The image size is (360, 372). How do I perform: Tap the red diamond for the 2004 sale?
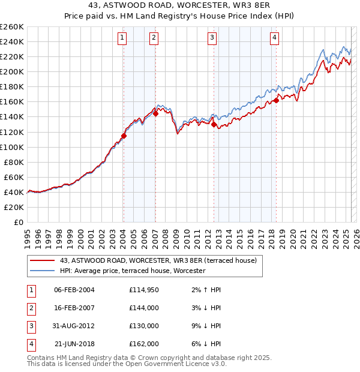tap(124, 136)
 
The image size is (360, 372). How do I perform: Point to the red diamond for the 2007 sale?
tap(155, 113)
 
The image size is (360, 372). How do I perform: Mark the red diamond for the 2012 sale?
tap(214, 124)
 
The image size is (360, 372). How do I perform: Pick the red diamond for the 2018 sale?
tap(276, 100)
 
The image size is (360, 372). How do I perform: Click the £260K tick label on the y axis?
tap(12, 27)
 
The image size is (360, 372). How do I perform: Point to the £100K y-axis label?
tap(12, 147)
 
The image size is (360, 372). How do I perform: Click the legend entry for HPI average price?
tap(132, 271)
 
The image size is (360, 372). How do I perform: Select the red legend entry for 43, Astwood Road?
tap(158, 260)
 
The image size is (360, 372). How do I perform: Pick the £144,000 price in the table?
tap(143, 308)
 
